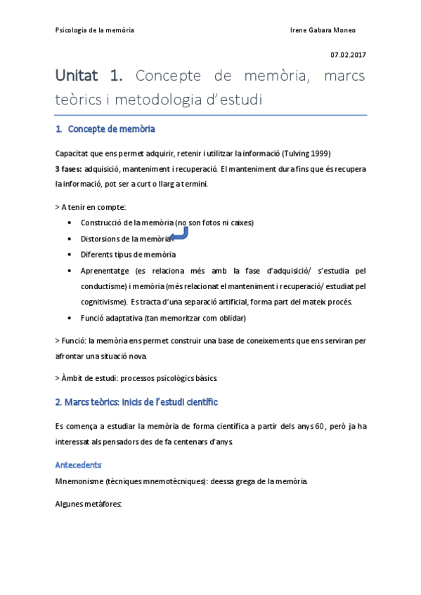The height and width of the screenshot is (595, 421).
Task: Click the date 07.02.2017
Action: coord(349,55)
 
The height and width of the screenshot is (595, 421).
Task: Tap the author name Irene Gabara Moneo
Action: coord(323,30)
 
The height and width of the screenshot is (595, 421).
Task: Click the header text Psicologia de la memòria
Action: coord(95,30)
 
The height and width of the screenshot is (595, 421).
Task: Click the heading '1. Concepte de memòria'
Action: coord(105,129)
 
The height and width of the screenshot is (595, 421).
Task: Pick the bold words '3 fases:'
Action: coord(68,169)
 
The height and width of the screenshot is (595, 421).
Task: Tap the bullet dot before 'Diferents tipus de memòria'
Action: coord(68,255)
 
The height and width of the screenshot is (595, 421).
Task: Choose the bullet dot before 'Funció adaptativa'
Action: coord(68,318)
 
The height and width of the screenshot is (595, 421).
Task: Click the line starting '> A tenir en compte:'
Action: coord(91,207)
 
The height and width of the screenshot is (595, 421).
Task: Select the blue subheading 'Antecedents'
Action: coord(78,465)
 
